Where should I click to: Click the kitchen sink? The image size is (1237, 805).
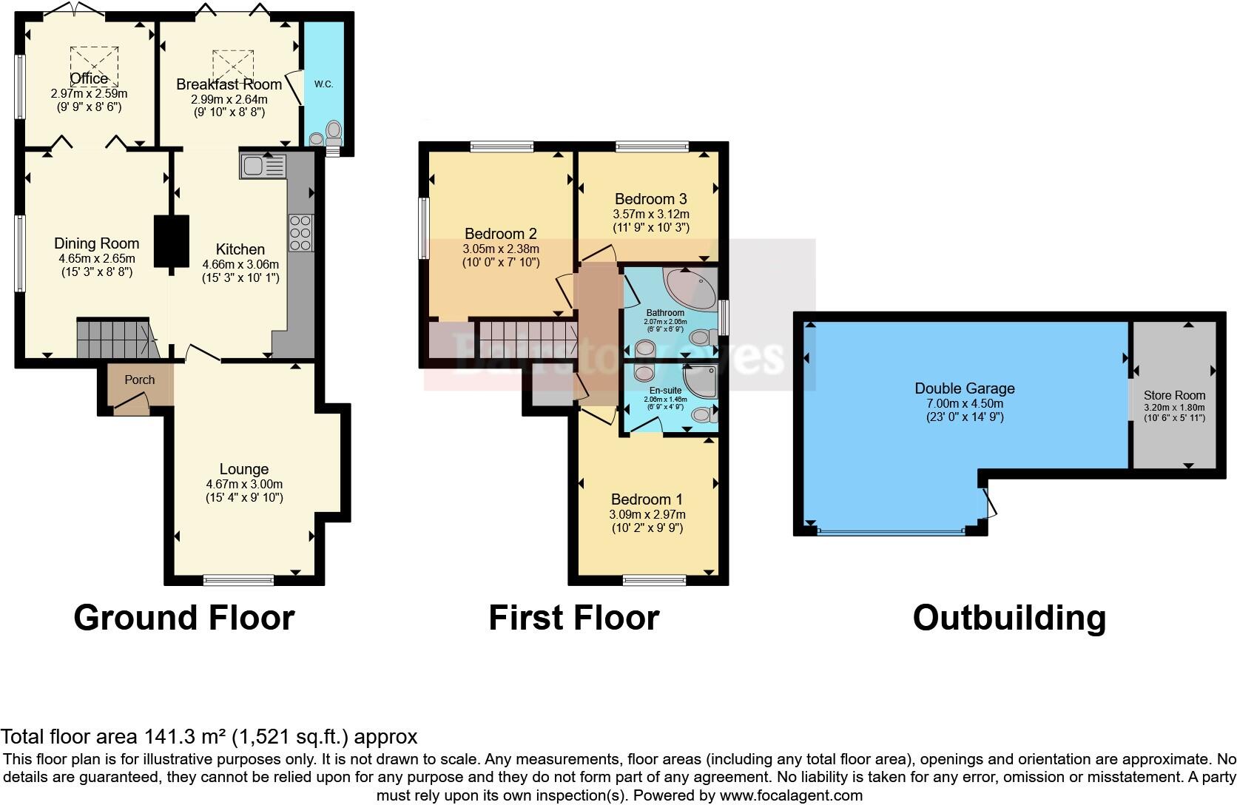(x=262, y=166)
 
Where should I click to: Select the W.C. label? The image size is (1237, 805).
(x=324, y=84)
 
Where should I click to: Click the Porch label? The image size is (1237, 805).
(x=139, y=380)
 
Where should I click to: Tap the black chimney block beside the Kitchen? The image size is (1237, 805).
(x=172, y=241)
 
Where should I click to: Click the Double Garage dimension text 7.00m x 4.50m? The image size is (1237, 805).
(x=965, y=403)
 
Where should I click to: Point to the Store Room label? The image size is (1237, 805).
(x=1174, y=395)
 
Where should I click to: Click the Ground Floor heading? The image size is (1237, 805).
(x=184, y=618)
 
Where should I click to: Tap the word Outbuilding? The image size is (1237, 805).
(x=1009, y=618)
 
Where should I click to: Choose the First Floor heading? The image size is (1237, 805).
(x=573, y=618)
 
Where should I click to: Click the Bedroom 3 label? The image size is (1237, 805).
(x=650, y=199)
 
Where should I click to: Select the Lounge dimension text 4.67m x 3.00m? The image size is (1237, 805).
(x=244, y=484)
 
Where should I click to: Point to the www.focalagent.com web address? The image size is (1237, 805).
(x=791, y=796)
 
